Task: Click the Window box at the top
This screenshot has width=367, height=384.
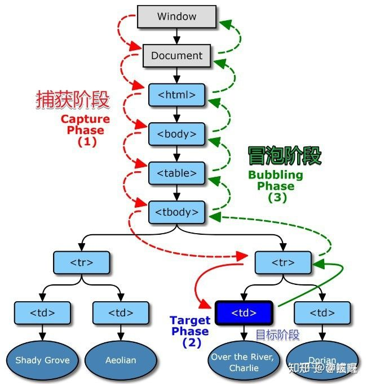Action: (x=176, y=16)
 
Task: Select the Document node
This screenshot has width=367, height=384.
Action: (x=176, y=56)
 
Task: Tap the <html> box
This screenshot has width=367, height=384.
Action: (x=176, y=95)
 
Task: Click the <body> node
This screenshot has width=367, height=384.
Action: (x=176, y=134)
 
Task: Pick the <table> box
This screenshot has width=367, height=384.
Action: (x=176, y=173)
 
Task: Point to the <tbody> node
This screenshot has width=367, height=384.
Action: (x=176, y=212)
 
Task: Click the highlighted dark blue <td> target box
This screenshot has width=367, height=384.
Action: (x=244, y=312)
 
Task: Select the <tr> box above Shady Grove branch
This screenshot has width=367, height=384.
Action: (x=81, y=262)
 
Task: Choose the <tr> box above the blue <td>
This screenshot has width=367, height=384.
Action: (x=283, y=262)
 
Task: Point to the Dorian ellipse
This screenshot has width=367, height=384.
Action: (x=322, y=360)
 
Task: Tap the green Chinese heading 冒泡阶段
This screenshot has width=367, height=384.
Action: (x=285, y=156)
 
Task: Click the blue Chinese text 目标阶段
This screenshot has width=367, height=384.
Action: (x=277, y=334)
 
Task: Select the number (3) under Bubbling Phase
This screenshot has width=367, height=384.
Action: (x=277, y=198)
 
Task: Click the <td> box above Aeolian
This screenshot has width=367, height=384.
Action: (x=121, y=312)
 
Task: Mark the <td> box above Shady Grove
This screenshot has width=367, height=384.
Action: (x=43, y=312)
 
